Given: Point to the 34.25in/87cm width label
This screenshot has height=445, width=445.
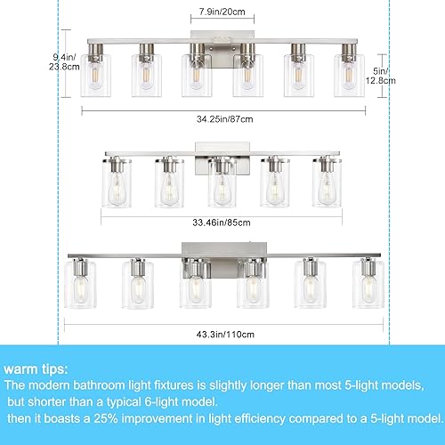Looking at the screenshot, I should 222,118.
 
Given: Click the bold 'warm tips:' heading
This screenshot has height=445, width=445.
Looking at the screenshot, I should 38,367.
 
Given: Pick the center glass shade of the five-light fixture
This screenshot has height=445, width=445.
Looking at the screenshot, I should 222,182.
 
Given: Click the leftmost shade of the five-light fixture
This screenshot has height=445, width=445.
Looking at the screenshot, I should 117,182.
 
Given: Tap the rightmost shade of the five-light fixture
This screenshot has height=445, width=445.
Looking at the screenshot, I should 327,182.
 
